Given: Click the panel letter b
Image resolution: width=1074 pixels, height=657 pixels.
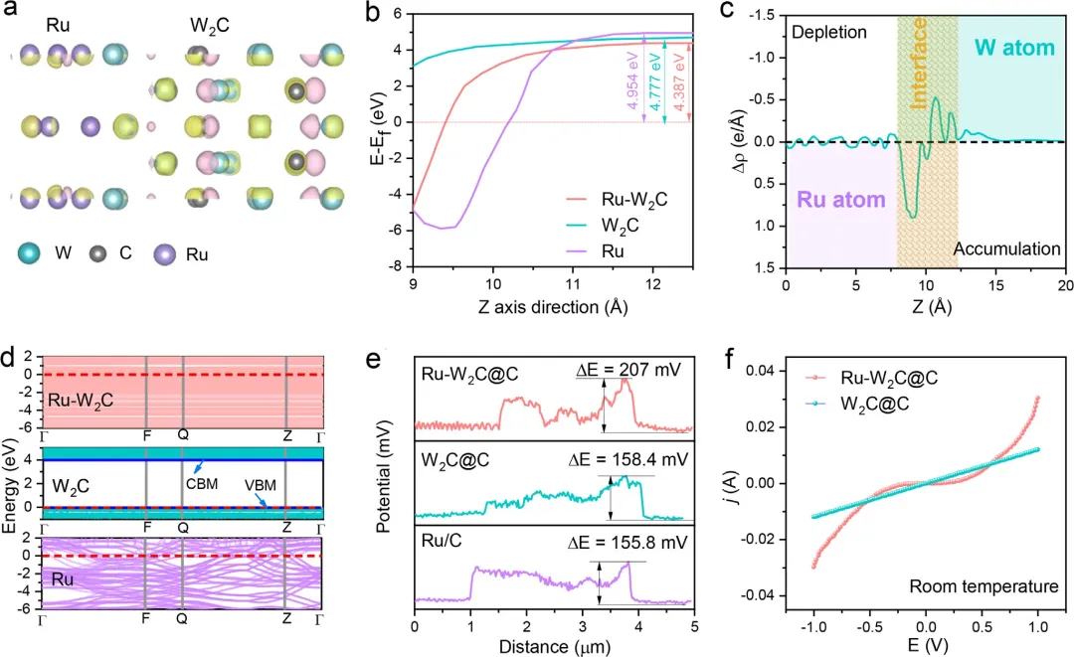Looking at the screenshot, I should coord(376,14).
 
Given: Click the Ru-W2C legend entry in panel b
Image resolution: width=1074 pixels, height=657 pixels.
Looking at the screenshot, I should coord(625,199).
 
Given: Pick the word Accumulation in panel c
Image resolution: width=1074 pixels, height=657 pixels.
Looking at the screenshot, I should coord(1006,248).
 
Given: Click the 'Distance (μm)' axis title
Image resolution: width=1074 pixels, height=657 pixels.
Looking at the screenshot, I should coord(555,647).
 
